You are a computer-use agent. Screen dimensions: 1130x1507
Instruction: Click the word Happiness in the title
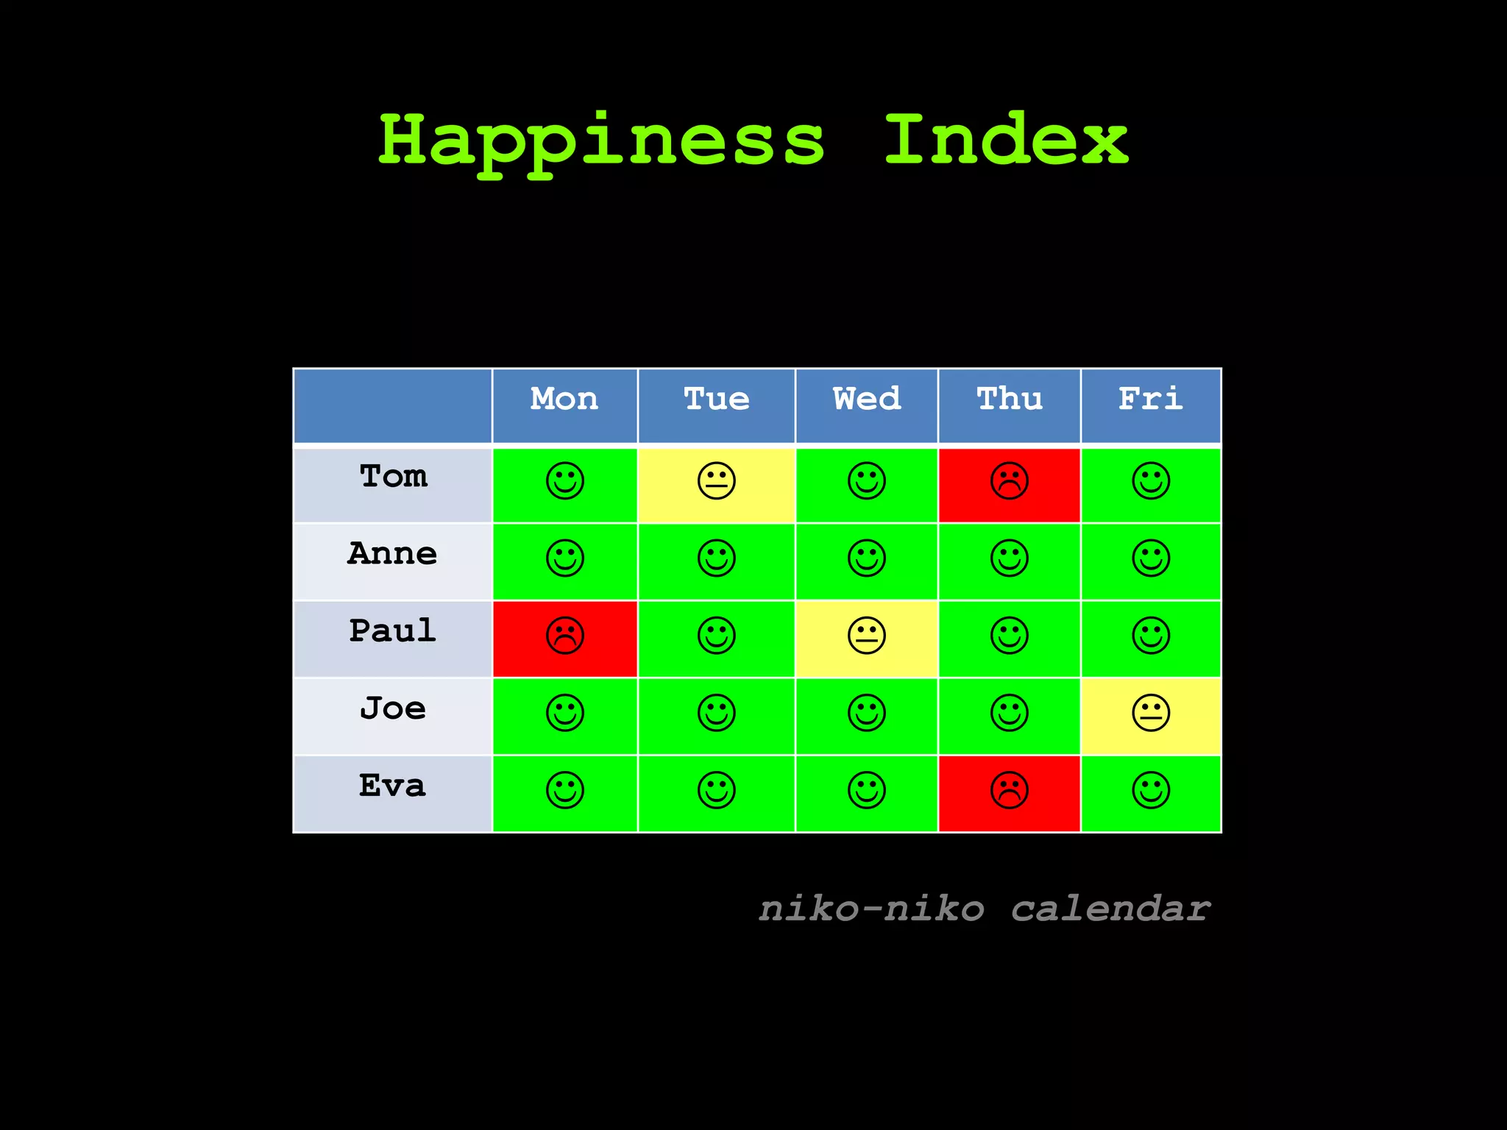601,141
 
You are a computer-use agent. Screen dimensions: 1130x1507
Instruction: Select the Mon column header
564,399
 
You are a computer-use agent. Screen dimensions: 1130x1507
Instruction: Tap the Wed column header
867,399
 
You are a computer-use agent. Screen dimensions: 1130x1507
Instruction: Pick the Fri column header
1151,399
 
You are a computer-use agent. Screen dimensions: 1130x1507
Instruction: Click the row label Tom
393,477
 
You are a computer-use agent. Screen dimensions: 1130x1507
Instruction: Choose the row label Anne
392,554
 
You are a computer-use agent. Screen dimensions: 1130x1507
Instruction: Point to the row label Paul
392,631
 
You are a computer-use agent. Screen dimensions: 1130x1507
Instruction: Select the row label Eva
392,786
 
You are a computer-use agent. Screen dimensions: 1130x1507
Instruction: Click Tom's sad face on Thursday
1010,481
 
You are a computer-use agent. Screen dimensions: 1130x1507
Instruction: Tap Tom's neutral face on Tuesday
717,481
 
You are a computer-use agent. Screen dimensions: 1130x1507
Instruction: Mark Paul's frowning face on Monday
565,636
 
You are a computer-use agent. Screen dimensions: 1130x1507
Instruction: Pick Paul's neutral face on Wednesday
867,636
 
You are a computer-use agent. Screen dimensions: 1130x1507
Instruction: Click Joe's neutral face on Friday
1151,713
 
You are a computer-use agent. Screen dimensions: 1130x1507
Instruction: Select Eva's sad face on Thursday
1010,790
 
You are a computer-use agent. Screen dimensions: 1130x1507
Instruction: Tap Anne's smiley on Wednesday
867,558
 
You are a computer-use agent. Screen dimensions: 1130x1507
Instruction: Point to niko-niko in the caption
871,909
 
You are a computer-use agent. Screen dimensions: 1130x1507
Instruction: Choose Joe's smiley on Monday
565,713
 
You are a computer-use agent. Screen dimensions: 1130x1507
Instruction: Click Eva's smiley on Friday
1151,790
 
